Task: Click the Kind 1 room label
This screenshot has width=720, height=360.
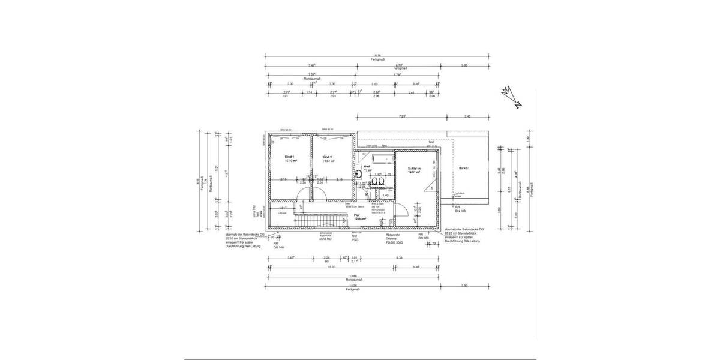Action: coord(290,158)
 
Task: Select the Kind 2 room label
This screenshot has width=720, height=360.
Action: coord(327,158)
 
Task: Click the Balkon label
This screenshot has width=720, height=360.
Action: coord(463,168)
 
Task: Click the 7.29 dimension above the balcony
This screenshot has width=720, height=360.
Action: coord(403,116)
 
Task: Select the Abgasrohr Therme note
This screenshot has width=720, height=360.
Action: coord(394,238)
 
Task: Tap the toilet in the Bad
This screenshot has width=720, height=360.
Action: coord(359,173)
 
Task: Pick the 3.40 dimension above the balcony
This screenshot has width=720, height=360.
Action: coord(467,116)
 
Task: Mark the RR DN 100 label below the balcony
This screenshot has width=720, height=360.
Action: coord(461,209)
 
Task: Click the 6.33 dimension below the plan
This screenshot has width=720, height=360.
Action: coord(399,258)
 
